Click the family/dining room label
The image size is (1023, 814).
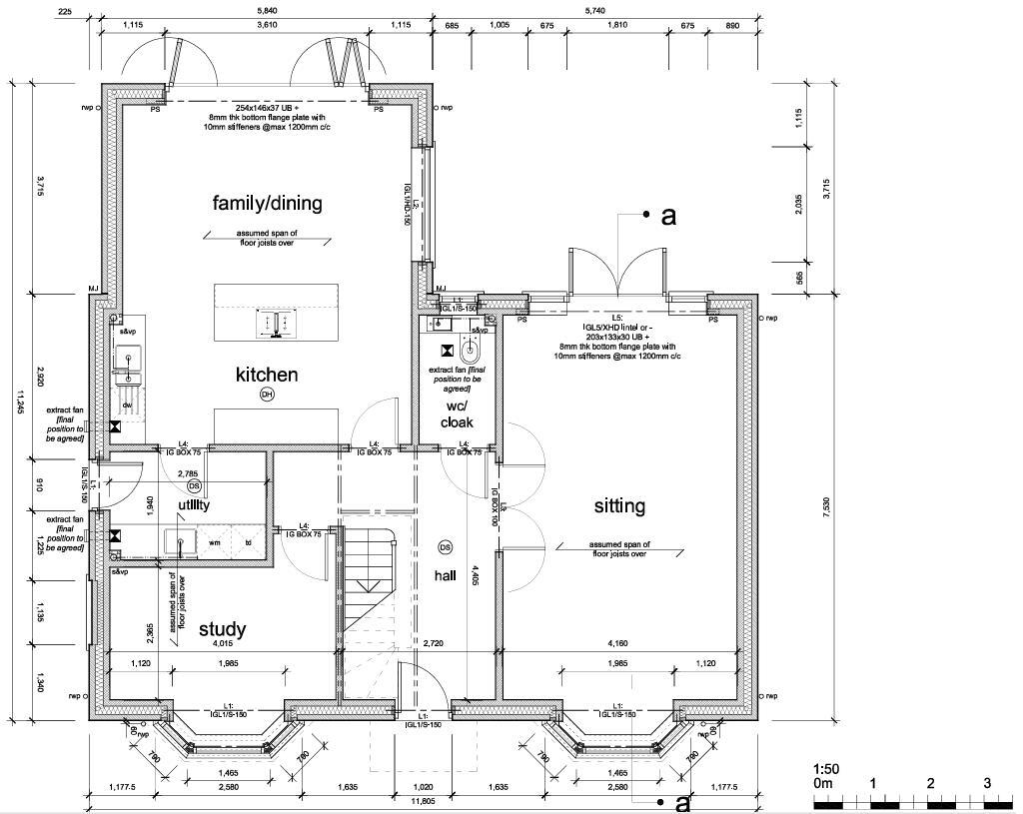[267, 203]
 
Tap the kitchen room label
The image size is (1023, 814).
[267, 375]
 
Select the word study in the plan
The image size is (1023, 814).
[222, 628]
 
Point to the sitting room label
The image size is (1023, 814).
[619, 505]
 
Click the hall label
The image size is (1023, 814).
[445, 575]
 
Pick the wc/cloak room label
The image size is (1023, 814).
[457, 413]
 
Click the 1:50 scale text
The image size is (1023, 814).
[825, 769]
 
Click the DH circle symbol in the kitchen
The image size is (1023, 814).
[267, 395]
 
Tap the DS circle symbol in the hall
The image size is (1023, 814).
[446, 547]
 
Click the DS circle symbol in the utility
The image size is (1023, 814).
[194, 485]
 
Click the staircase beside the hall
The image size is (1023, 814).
[372, 589]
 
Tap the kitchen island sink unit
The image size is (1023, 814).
[276, 322]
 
